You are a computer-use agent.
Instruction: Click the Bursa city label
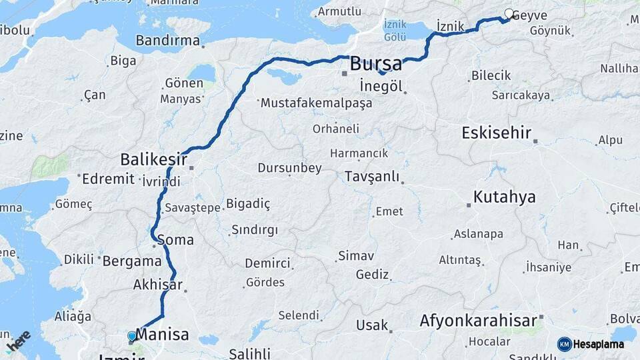(376, 64)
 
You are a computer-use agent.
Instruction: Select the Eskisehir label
(496, 133)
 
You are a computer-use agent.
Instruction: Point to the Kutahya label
(505, 197)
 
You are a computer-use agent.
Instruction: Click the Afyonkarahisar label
(478, 321)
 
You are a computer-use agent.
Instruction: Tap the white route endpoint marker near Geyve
(509, 13)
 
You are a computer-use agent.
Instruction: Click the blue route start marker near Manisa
(132, 336)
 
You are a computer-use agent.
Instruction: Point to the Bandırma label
(167, 41)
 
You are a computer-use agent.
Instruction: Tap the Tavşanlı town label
(372, 177)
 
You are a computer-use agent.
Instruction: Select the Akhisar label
(157, 285)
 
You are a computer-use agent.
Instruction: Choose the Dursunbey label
(289, 169)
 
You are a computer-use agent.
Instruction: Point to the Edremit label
(107, 179)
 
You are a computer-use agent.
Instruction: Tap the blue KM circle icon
(565, 344)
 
